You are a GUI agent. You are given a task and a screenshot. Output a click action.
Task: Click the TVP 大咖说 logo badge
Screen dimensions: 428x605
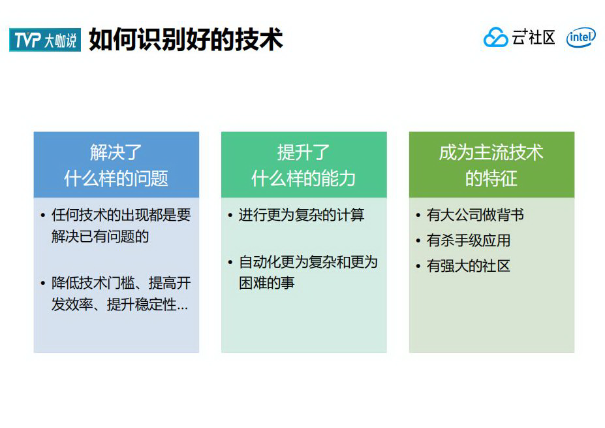[x=45, y=41]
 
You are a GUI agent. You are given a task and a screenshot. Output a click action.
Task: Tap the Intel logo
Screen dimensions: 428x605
[x=580, y=38]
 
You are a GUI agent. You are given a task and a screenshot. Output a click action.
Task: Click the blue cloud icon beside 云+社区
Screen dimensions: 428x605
[x=495, y=38]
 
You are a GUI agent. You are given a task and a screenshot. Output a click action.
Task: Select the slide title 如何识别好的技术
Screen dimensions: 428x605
[x=186, y=40]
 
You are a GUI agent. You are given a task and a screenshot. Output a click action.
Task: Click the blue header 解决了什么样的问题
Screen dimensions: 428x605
[x=116, y=165]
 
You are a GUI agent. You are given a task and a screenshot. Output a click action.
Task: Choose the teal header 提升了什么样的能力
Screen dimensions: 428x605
[x=303, y=165]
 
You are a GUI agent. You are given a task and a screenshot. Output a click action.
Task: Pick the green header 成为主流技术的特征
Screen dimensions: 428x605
[x=491, y=165]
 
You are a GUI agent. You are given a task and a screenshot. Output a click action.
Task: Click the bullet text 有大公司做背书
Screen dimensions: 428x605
[x=475, y=215]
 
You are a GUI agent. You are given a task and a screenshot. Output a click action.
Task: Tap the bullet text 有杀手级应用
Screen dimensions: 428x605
[x=468, y=240]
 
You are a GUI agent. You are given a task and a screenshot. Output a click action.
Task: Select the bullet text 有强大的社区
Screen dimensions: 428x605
[x=468, y=266]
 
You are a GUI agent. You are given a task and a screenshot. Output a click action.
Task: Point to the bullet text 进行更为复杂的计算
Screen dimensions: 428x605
[x=301, y=215]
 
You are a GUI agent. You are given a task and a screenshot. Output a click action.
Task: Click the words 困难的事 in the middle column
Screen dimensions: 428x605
[x=267, y=283]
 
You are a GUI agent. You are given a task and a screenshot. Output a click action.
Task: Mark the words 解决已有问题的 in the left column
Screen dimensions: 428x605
[x=100, y=237]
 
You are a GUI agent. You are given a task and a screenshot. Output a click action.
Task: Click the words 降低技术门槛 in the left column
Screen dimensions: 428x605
[x=93, y=284]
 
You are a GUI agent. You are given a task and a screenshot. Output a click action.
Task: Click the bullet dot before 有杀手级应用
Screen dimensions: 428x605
[x=418, y=241]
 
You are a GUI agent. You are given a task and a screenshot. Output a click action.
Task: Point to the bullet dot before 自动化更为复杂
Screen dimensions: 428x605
[x=230, y=263]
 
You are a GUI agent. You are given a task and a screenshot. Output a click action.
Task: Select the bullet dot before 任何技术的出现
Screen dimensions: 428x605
[x=43, y=216]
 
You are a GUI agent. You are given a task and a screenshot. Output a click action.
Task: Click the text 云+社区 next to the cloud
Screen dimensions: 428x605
[x=533, y=38]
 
